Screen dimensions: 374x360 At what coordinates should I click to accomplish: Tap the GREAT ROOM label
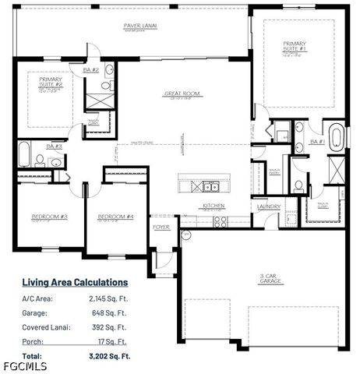[182, 93]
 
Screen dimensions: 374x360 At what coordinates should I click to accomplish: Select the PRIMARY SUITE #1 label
[295, 45]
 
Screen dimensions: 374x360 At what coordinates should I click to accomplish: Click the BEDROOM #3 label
[48, 217]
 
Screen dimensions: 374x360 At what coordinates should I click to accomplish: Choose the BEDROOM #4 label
[115, 217]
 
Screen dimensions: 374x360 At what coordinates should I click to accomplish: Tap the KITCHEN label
[214, 206]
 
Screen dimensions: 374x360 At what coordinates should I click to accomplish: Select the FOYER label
[161, 228]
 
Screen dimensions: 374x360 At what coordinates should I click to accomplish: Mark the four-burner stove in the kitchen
[221, 221]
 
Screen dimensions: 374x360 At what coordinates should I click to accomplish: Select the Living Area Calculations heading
[75, 282]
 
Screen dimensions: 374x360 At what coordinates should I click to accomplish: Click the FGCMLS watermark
[23, 366]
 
